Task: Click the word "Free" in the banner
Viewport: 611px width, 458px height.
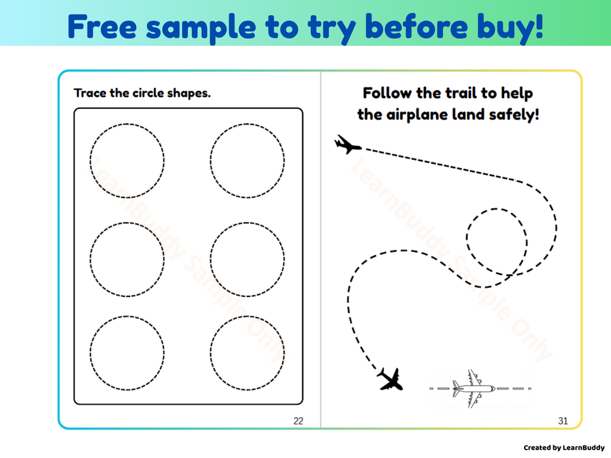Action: [102, 27]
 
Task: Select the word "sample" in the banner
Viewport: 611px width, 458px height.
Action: [201, 28]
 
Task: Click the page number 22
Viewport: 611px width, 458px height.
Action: [299, 421]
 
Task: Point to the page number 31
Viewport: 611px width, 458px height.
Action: [563, 421]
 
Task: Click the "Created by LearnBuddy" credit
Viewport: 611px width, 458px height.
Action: [564, 448]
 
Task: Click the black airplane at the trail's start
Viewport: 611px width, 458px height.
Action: [347, 145]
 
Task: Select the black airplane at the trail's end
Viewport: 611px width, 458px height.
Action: [390, 379]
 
